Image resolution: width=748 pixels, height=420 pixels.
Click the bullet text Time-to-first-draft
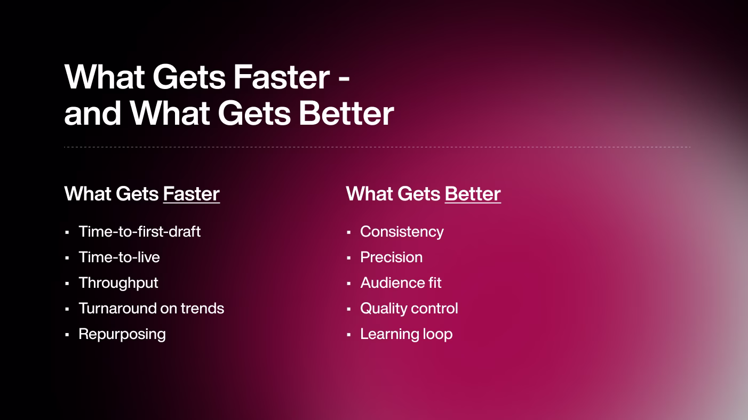point(140,231)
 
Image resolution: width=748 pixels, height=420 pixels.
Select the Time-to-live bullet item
point(119,257)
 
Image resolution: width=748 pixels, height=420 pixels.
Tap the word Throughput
point(118,283)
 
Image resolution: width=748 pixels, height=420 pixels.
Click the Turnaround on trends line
point(152,308)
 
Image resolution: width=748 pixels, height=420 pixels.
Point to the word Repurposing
point(122,334)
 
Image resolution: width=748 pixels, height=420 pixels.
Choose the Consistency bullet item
point(402,232)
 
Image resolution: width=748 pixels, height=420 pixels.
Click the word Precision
point(392,257)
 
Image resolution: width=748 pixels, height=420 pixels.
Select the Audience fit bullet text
point(401,283)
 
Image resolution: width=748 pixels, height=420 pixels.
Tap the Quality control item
point(409,309)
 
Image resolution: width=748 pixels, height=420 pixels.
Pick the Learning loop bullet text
point(407,334)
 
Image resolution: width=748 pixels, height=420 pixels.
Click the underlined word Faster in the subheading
point(192,194)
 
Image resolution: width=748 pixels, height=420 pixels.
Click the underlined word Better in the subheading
point(473,194)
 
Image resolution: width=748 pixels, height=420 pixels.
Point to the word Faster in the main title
point(282,77)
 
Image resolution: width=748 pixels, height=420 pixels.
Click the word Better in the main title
point(347,114)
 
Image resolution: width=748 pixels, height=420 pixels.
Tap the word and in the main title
point(92,114)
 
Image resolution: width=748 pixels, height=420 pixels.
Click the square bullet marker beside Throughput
point(67,284)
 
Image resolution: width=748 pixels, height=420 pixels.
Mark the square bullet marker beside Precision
point(348,258)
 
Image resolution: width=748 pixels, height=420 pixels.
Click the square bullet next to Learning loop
point(348,335)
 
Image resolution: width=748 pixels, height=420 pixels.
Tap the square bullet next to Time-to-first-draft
point(67,232)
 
